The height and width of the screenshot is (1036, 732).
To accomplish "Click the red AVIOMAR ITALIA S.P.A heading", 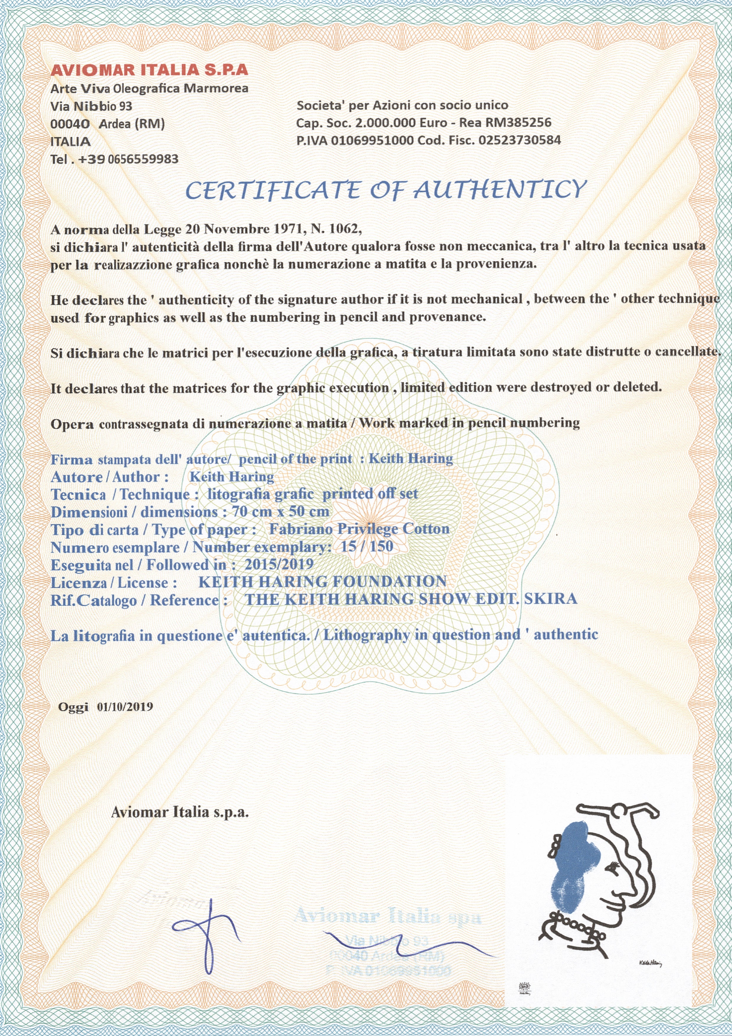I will (149, 70).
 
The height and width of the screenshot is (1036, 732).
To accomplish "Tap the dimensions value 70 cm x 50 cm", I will (280, 512).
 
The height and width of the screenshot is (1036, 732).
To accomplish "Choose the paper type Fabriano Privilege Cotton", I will (359, 529).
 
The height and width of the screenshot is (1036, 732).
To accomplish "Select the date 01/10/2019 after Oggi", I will (125, 707).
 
